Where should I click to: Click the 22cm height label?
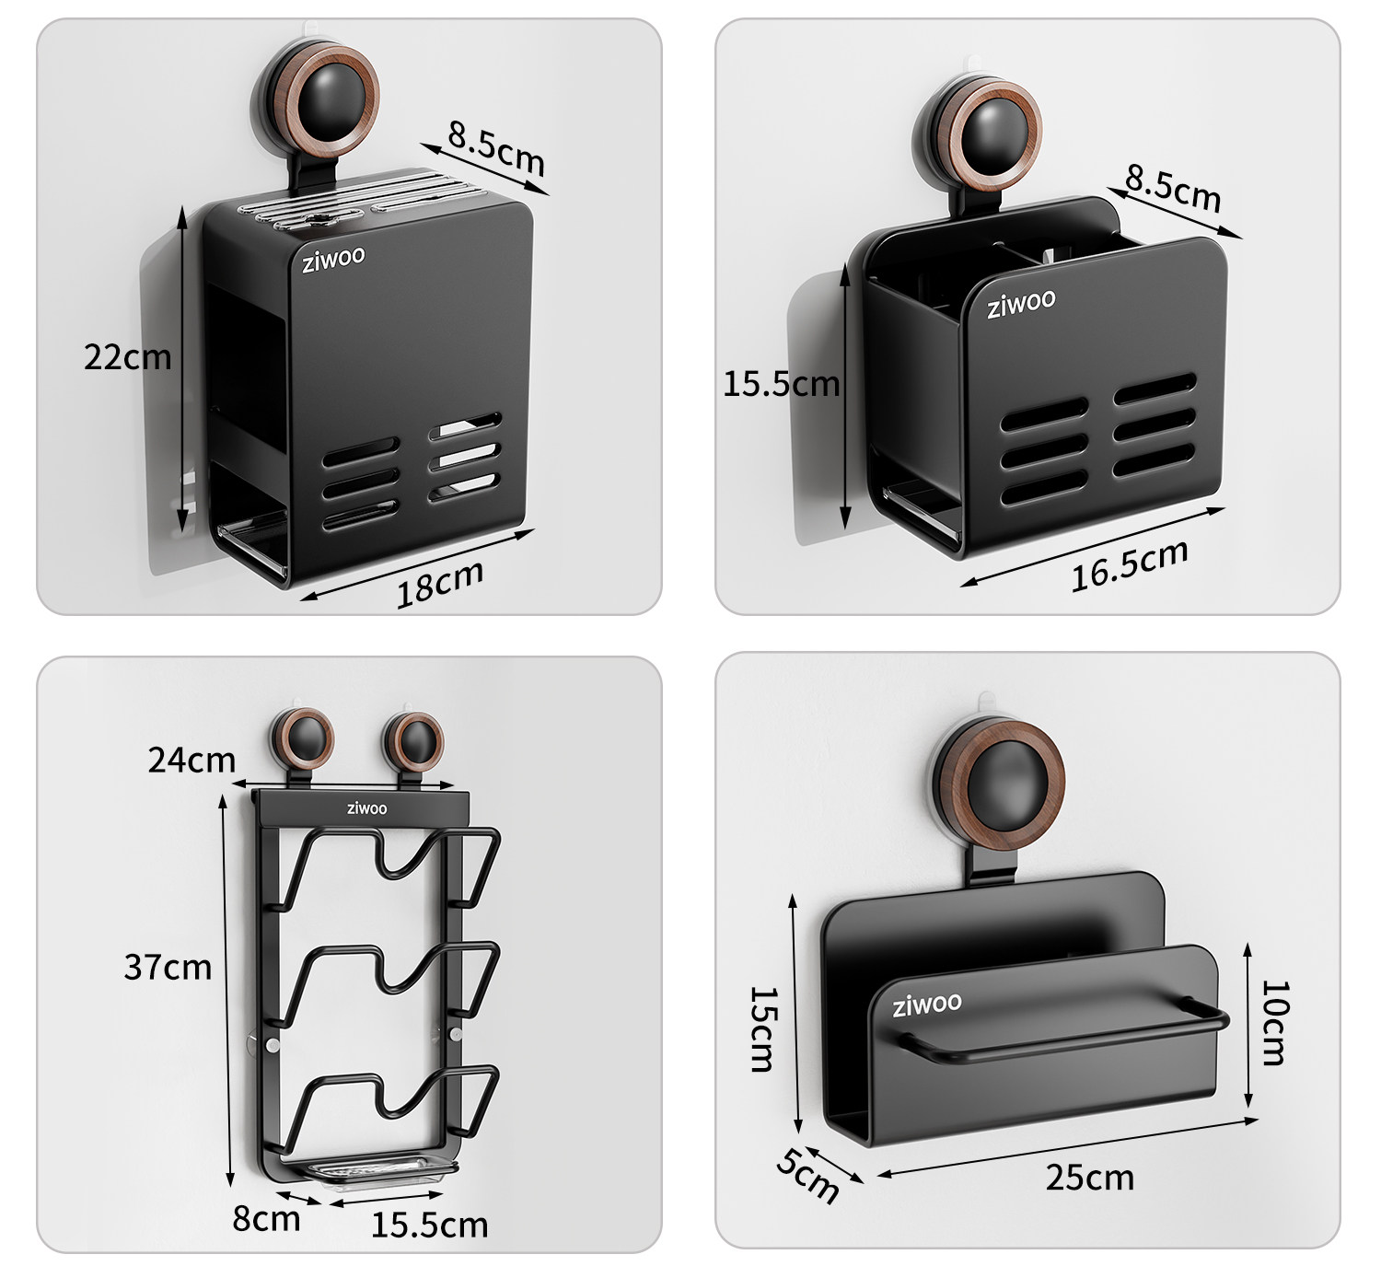[x=127, y=357]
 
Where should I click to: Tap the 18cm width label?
[x=441, y=585]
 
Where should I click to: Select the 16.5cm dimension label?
[x=1130, y=564]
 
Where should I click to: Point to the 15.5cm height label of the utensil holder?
[x=782, y=384]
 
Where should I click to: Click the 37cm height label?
[x=168, y=967]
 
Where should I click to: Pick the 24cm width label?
[x=191, y=760]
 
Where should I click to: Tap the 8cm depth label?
[x=266, y=1218]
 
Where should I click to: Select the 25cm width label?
[x=1090, y=1177]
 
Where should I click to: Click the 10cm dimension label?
[x=1275, y=1022]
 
